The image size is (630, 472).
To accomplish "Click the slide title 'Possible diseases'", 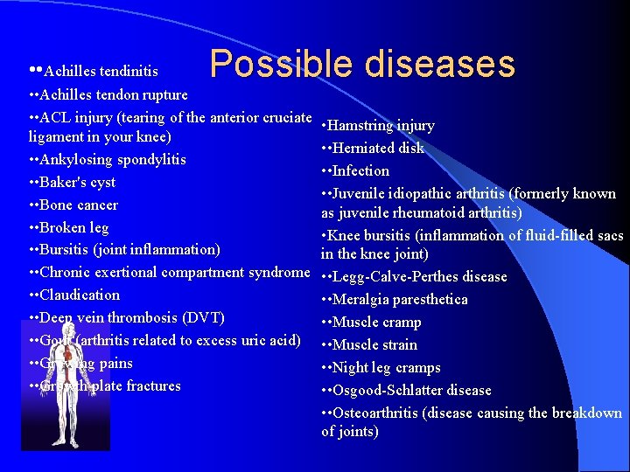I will pyautogui.click(x=362, y=64).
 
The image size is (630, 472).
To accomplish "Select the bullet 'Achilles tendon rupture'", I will pyautogui.click(x=114, y=94).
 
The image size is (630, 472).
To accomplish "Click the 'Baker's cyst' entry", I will pyautogui.click(x=79, y=182).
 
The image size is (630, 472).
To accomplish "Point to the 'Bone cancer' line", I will pyautogui.click(x=80, y=205).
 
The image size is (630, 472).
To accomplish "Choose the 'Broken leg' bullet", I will pyautogui.click(x=75, y=227).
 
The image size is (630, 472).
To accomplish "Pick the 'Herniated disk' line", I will pyautogui.click(x=377, y=148).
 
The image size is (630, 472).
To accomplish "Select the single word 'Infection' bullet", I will pyautogui.click(x=360, y=170).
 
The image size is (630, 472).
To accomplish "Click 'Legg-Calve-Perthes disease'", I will pyautogui.click(x=419, y=276).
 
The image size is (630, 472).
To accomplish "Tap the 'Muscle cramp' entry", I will pyautogui.click(x=374, y=322).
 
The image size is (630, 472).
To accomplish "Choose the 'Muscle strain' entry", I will pyautogui.click(x=374, y=344).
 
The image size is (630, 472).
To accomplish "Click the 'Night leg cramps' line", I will pyautogui.click(x=385, y=367).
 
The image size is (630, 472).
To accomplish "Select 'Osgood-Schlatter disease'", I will pyautogui.click(x=411, y=390).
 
